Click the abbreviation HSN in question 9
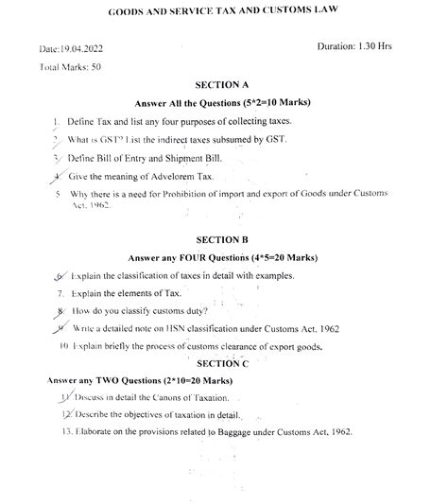(177, 328)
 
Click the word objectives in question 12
(141, 414)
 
